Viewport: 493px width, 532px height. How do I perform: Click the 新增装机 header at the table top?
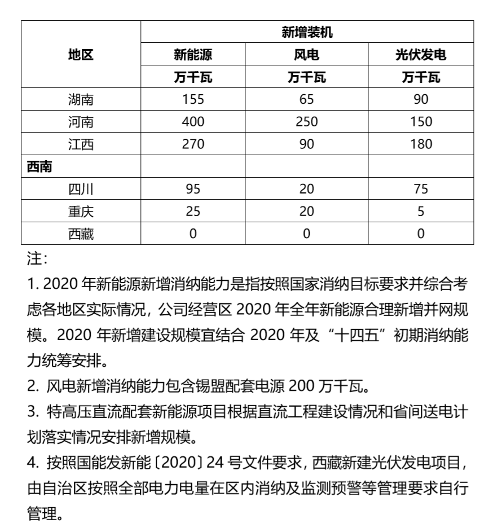point(307,32)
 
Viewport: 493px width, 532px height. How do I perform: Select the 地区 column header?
point(81,55)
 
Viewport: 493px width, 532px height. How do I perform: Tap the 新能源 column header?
point(193,55)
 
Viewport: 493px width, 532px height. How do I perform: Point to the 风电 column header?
point(307,55)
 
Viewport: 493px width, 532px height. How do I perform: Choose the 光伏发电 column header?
point(421,55)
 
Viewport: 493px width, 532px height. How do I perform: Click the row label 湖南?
point(81,100)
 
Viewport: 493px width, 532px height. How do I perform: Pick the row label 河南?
point(81,122)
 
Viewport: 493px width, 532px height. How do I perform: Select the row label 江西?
point(81,144)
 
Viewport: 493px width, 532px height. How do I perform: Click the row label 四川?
point(81,190)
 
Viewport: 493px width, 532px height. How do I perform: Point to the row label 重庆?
point(81,212)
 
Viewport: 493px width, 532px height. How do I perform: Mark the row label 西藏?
point(81,234)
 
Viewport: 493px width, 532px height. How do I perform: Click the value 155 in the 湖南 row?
point(193,100)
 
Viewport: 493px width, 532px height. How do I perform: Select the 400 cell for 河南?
point(193,122)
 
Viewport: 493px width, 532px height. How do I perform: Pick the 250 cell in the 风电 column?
point(307,122)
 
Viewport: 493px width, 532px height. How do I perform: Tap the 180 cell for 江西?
point(421,144)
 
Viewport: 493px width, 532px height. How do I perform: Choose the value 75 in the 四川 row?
point(421,190)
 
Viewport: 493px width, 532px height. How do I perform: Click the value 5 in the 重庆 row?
point(421,212)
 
